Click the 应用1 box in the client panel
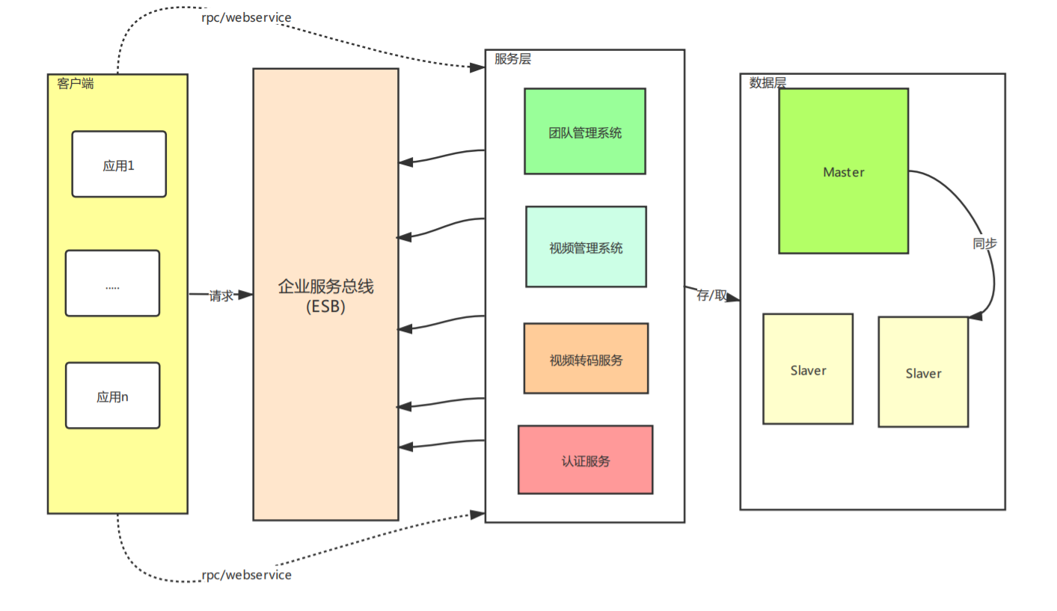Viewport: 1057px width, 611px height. pyautogui.click(x=119, y=165)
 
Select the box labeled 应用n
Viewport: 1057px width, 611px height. pyautogui.click(x=112, y=396)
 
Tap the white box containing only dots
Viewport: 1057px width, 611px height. pyautogui.click(x=112, y=283)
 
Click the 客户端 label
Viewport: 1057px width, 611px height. pyautogui.click(x=76, y=84)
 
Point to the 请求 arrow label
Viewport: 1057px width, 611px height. pyautogui.click(x=221, y=295)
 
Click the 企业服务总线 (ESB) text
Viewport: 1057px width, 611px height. pyautogui.click(x=325, y=296)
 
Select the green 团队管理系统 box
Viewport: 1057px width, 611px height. pyautogui.click(x=585, y=132)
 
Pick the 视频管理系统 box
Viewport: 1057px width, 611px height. pyautogui.click(x=586, y=247)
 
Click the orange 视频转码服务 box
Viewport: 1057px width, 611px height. pyautogui.click(x=586, y=358)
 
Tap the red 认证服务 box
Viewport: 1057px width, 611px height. pyautogui.click(x=585, y=460)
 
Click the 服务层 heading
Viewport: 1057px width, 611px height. pyautogui.click(x=512, y=59)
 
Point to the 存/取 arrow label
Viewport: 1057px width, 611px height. pyautogui.click(x=711, y=295)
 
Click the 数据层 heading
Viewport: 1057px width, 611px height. pyautogui.click(x=768, y=83)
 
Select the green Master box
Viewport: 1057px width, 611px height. pyautogui.click(x=843, y=171)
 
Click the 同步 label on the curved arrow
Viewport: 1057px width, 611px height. pyautogui.click(x=984, y=244)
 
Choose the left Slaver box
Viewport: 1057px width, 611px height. pyautogui.click(x=808, y=369)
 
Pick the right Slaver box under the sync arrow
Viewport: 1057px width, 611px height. pyautogui.click(x=923, y=372)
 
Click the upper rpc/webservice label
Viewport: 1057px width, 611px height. pyautogui.click(x=246, y=17)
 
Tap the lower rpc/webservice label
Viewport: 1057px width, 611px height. pyautogui.click(x=246, y=575)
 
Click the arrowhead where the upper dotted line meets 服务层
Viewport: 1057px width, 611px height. pyautogui.click(x=478, y=67)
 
